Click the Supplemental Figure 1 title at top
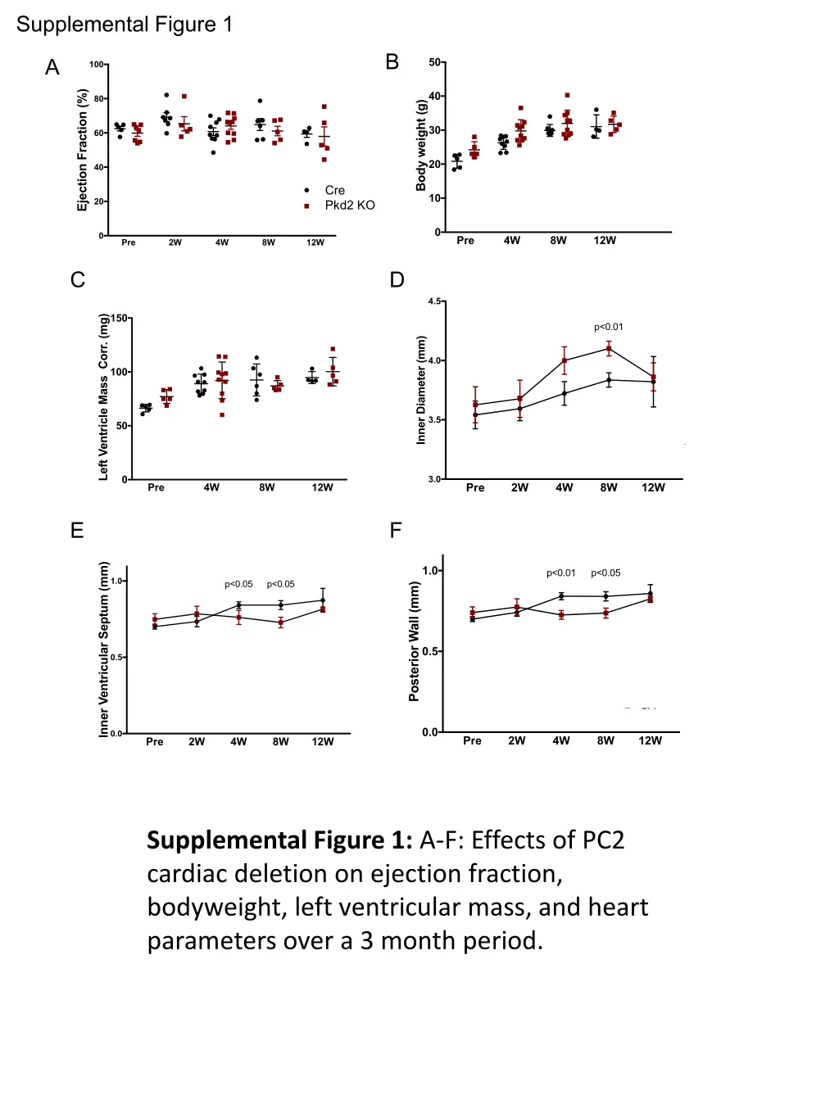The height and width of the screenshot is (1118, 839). [x=125, y=25]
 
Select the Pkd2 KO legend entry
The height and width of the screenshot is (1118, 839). [x=349, y=205]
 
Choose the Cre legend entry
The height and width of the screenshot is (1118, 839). [x=334, y=190]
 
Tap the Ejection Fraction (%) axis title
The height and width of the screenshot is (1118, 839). [x=82, y=151]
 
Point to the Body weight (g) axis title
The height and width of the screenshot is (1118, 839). [x=421, y=146]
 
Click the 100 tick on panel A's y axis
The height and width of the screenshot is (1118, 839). [x=97, y=65]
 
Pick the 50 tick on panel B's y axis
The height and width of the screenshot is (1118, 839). [x=434, y=62]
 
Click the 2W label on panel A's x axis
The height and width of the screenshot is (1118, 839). [x=175, y=242]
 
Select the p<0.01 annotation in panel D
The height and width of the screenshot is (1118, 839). [x=609, y=327]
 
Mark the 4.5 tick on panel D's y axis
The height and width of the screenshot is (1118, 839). [x=434, y=301]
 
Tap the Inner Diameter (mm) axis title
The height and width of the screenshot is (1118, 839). [x=421, y=390]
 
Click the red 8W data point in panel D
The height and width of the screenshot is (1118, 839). [x=609, y=349]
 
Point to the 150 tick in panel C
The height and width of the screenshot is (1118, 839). [x=120, y=319]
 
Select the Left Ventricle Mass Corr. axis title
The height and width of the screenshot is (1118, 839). [x=103, y=396]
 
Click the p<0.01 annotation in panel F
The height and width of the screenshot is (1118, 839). [x=561, y=573]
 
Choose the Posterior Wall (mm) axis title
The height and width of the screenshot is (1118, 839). [x=414, y=641]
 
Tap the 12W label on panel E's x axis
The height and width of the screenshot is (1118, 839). [x=323, y=742]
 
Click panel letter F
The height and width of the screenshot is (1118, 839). [x=396, y=531]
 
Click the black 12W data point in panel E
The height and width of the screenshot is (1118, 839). [x=323, y=600]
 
